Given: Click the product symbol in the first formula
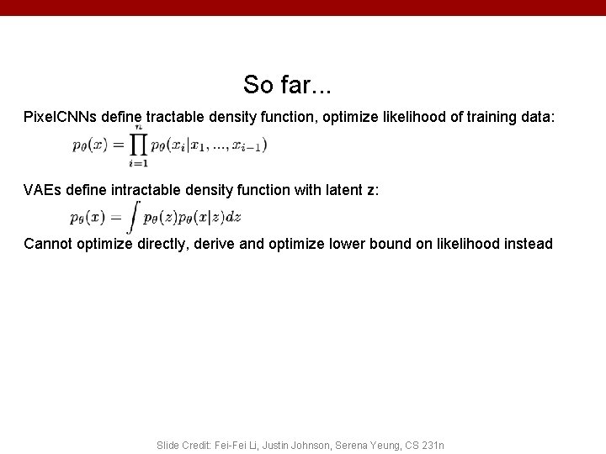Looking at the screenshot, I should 138,145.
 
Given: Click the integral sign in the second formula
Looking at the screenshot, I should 133,218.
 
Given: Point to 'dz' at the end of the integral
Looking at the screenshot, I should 234,217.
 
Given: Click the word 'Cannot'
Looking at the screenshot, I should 49,244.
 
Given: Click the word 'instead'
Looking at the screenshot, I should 527,244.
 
